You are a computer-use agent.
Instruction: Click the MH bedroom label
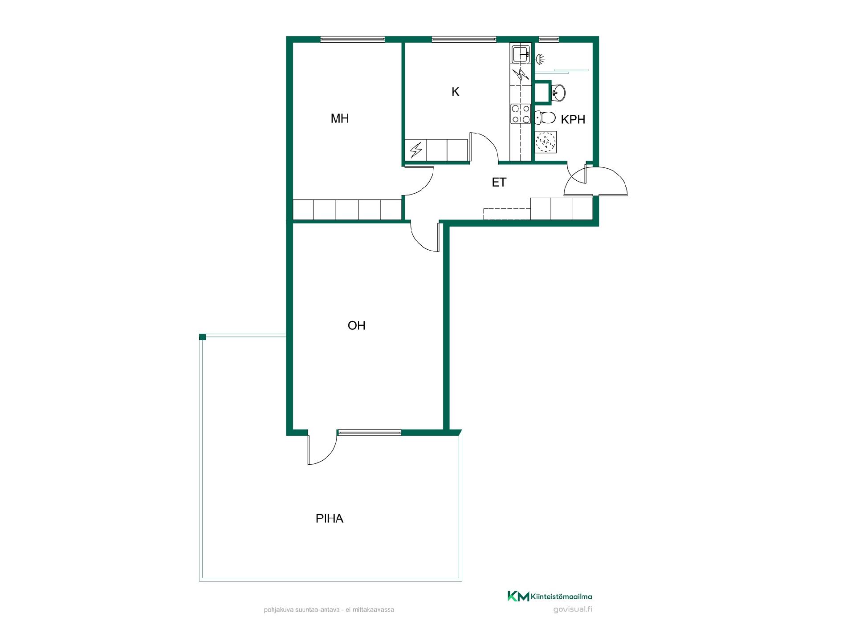click(x=339, y=118)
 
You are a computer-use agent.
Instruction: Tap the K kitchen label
click(x=455, y=92)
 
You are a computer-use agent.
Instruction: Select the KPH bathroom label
click(x=573, y=119)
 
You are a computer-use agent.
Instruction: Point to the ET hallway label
click(x=499, y=182)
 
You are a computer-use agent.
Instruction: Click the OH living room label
click(x=356, y=325)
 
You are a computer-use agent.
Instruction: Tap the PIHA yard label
click(x=330, y=519)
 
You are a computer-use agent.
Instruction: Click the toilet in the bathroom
click(x=545, y=118)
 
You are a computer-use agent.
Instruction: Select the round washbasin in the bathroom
click(x=559, y=93)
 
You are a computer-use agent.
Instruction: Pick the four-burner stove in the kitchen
click(x=521, y=114)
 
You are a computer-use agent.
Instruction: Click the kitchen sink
click(x=521, y=55)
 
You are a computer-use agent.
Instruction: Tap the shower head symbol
click(x=540, y=58)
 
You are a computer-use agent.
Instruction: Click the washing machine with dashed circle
click(x=546, y=142)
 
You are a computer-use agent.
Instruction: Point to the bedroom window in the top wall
click(x=353, y=39)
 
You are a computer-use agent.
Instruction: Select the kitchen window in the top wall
click(x=464, y=39)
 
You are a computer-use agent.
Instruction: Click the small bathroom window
click(x=549, y=39)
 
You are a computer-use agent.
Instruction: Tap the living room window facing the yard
click(x=370, y=432)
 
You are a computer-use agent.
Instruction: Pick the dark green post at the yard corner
click(x=203, y=337)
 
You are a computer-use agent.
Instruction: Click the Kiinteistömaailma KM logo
click(x=550, y=596)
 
